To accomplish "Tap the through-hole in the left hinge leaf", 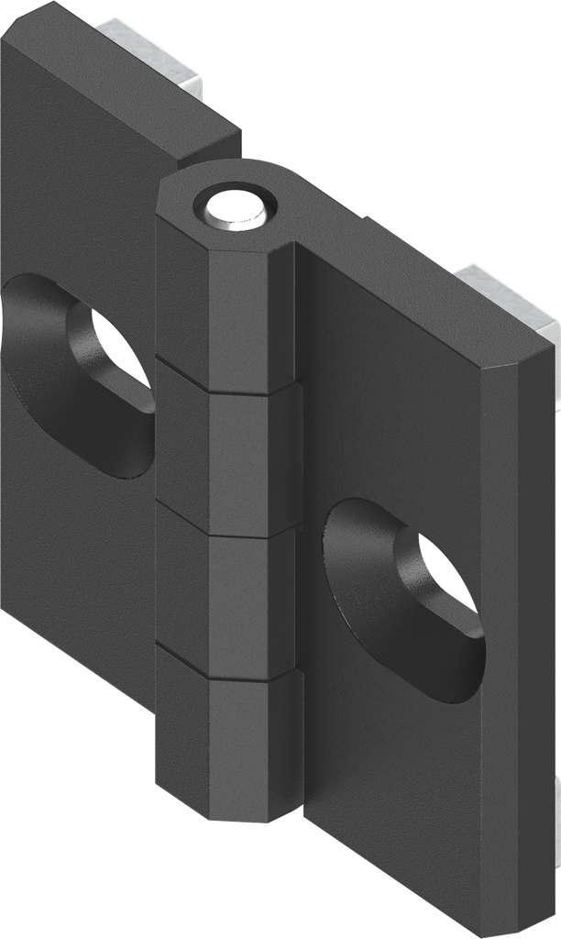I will (x=115, y=352).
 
